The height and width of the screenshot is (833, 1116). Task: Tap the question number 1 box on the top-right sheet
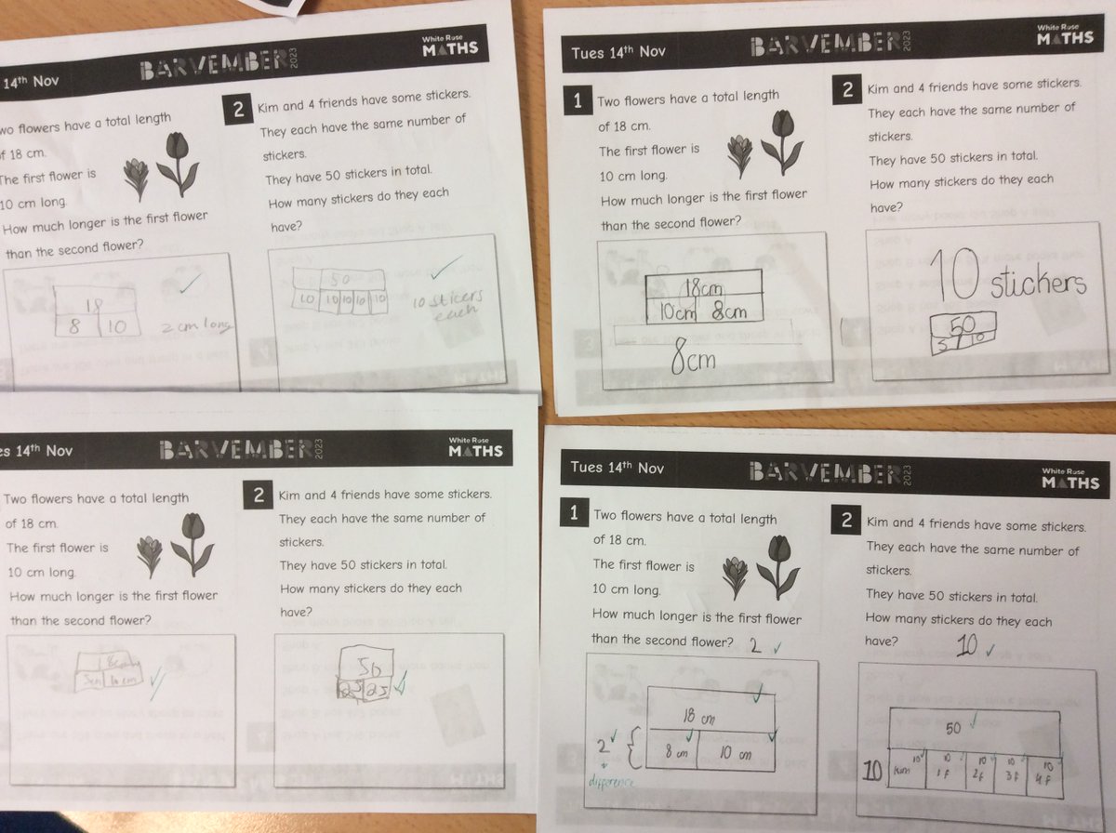(577, 101)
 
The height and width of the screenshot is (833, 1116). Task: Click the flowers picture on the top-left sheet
(162, 166)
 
